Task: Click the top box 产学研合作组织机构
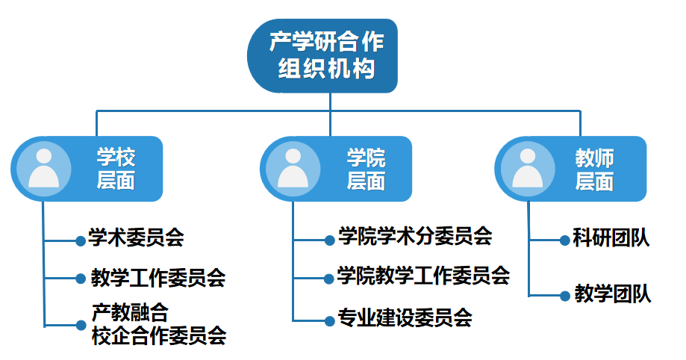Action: (x=322, y=55)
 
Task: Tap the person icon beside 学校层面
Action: (x=44, y=169)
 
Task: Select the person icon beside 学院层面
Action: (x=293, y=169)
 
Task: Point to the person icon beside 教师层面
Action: (x=528, y=169)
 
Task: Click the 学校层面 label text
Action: (x=116, y=169)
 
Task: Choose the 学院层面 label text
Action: (x=367, y=169)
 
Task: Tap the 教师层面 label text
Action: (x=595, y=169)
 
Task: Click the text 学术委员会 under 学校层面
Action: (x=136, y=238)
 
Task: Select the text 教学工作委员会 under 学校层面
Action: (x=158, y=278)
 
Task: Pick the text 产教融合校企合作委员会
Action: (x=159, y=325)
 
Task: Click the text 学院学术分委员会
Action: (x=415, y=236)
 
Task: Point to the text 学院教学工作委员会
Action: (x=423, y=276)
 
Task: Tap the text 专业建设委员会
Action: (x=405, y=318)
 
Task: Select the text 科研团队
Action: (x=611, y=238)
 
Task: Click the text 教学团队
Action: (x=613, y=294)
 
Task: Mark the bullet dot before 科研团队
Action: (x=565, y=240)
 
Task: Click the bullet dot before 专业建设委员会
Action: (x=330, y=321)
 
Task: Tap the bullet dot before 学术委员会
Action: (x=81, y=241)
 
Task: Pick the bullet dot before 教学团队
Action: (x=565, y=296)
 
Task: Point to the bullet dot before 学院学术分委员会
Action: (x=330, y=240)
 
